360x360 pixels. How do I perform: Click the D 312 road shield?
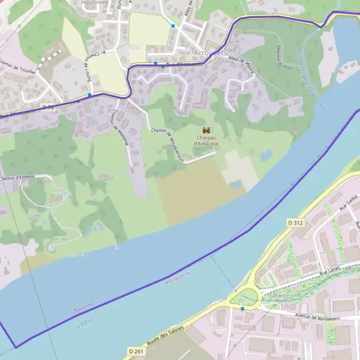pyautogui.click(x=295, y=223)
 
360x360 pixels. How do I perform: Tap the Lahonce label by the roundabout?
pyautogui.click(x=279, y=296)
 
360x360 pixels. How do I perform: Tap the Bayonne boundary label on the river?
pyautogui.click(x=84, y=307)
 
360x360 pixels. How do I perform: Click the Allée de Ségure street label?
pyautogui.click(x=241, y=66)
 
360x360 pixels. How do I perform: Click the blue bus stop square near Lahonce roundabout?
pyautogui.click(x=242, y=308)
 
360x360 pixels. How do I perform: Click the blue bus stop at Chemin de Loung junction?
pyautogui.click(x=89, y=94)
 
